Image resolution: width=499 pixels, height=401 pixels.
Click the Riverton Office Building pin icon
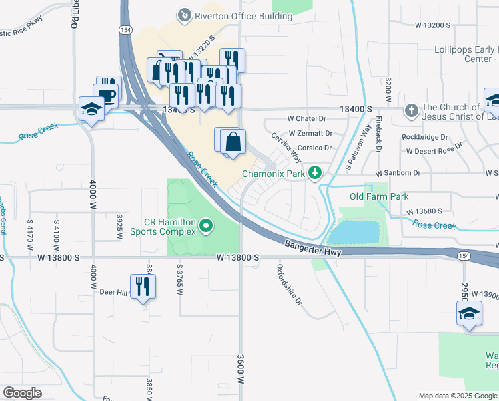(x=183, y=15)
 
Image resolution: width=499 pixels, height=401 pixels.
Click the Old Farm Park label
(x=379, y=196)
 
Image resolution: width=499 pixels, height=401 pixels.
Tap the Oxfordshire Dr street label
(x=290, y=285)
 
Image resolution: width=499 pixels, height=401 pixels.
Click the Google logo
(x=22, y=393)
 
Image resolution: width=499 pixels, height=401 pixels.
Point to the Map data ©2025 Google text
(x=457, y=396)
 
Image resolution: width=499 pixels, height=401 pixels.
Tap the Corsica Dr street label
(x=314, y=148)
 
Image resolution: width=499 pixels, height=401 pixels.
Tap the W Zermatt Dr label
(x=310, y=134)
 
